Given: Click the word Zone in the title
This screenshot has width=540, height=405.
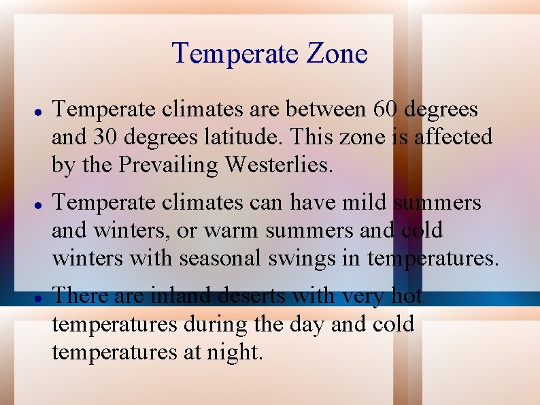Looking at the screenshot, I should click(x=338, y=54).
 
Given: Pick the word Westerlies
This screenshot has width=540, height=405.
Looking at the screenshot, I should click(x=280, y=165).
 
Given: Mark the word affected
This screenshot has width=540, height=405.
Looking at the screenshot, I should click(x=451, y=137).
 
